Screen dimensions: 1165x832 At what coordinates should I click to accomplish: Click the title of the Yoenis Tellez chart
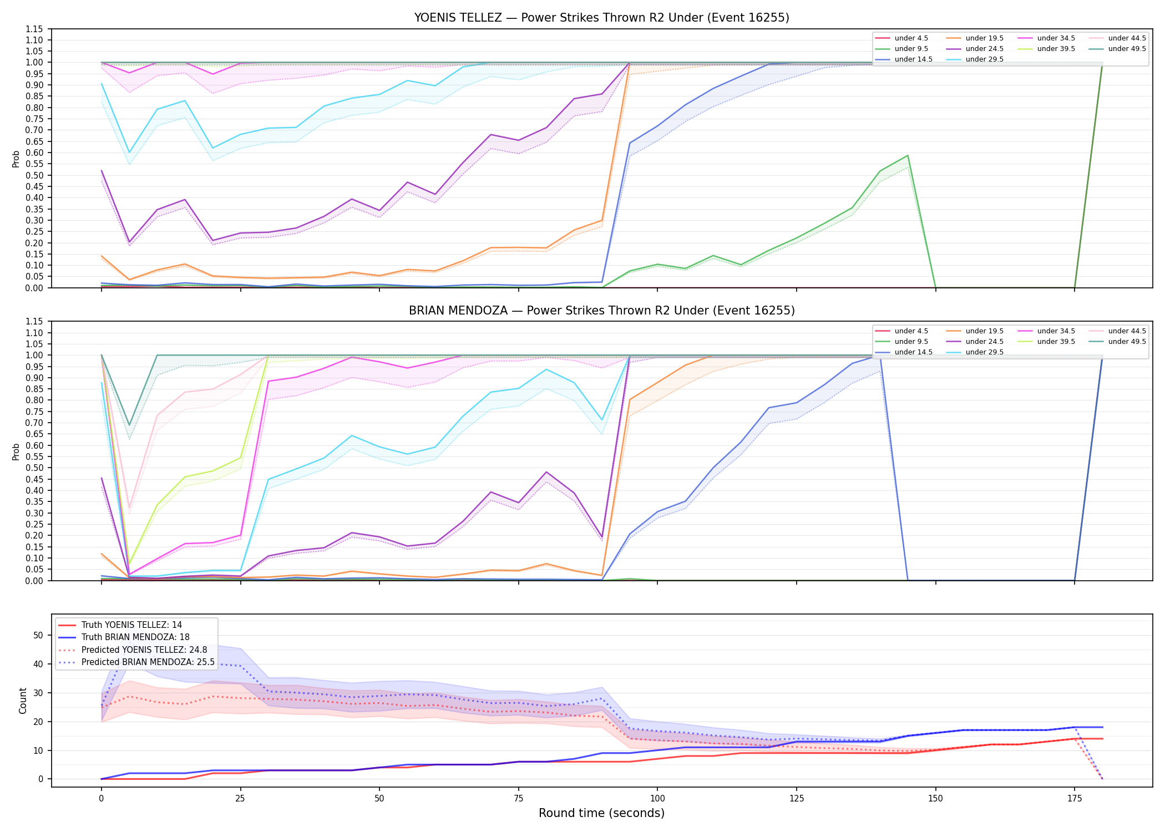pyautogui.click(x=601, y=18)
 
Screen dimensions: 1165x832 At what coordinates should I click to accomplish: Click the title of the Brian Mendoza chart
pyautogui.click(x=601, y=311)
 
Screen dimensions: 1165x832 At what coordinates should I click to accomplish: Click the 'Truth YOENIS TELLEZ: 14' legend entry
pyautogui.click(x=120, y=625)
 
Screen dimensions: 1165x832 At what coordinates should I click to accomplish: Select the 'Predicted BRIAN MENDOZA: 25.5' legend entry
pyautogui.click(x=136, y=662)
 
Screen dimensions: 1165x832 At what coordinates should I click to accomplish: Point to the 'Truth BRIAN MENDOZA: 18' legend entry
pyautogui.click(x=124, y=637)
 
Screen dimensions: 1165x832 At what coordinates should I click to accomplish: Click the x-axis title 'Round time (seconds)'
pyautogui.click(x=601, y=813)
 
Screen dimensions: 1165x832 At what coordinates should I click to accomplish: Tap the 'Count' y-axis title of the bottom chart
pyautogui.click(x=23, y=701)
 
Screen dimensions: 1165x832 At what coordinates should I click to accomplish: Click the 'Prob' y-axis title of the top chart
pyautogui.click(x=16, y=159)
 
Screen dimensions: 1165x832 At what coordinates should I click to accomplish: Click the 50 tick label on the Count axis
pyautogui.click(x=38, y=636)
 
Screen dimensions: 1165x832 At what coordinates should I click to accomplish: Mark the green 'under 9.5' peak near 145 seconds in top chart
pyautogui.click(x=908, y=155)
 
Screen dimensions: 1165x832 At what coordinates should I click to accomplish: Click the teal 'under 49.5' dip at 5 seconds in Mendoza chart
pyautogui.click(x=129, y=425)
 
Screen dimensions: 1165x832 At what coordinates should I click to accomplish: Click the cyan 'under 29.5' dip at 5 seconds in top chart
pyautogui.click(x=129, y=153)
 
